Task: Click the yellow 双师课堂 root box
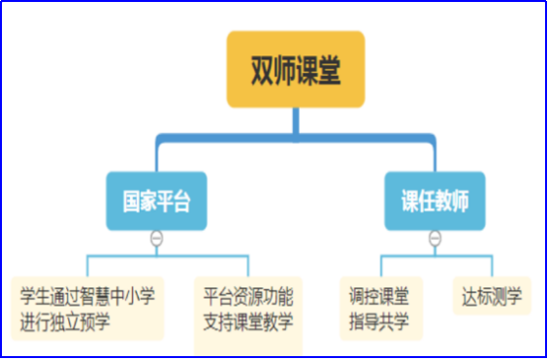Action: tap(296, 70)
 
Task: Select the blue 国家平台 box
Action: tap(156, 201)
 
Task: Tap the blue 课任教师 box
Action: tap(435, 201)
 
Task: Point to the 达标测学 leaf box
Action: tap(492, 295)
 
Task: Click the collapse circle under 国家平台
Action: tap(156, 239)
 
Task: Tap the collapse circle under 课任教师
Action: tap(435, 239)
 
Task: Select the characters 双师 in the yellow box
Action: tap(273, 70)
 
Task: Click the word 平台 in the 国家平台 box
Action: tap(173, 201)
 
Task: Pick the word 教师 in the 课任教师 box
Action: tap(452, 201)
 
